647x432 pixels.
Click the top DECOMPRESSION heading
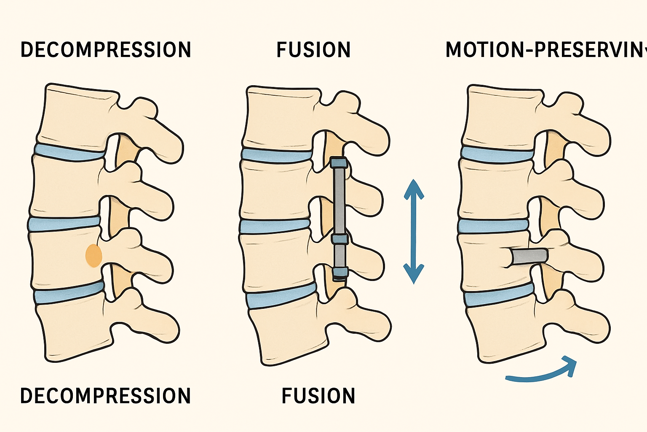coord(106,50)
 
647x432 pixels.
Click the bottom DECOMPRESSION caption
coord(106,396)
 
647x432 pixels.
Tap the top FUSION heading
coord(313,50)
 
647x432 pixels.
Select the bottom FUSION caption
coord(318,396)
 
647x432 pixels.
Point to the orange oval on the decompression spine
coord(94,255)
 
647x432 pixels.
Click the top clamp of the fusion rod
coord(339,162)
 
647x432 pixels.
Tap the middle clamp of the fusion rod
coord(340,239)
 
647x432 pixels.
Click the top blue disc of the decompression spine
coord(70,151)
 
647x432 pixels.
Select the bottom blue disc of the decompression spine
coord(70,293)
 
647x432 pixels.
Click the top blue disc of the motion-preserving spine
coord(497,154)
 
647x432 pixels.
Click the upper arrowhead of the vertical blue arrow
coord(414,188)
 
